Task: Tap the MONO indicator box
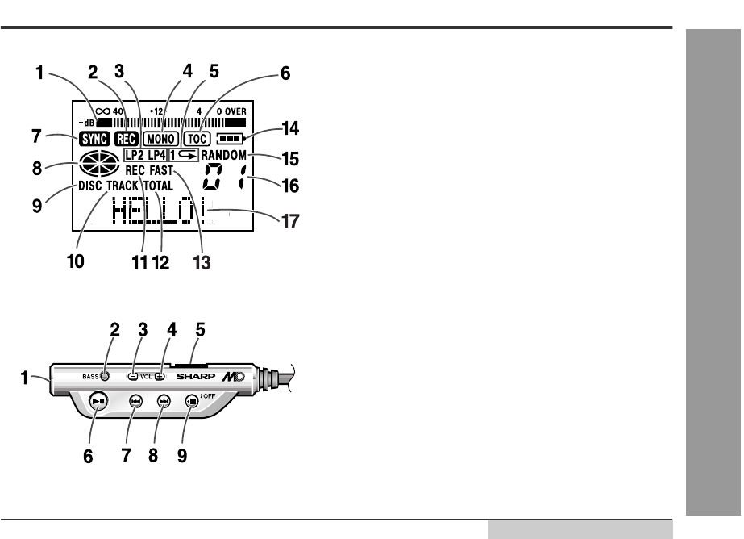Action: (160, 138)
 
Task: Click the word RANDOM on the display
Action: (223, 154)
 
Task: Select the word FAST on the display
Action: (162, 170)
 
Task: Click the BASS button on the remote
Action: (107, 374)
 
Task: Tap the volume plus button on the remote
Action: (160, 376)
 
